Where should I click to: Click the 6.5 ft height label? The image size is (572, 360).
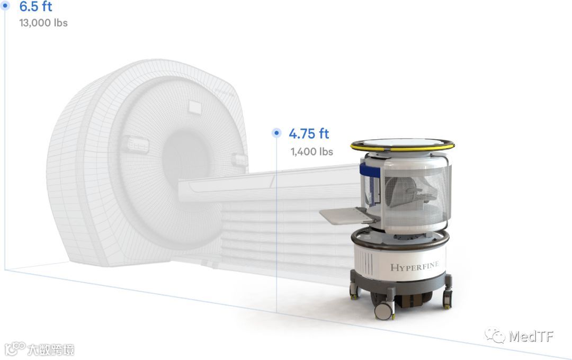[36, 6]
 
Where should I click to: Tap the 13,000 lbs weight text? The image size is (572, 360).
[43, 23]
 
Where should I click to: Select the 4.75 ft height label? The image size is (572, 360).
[309, 134]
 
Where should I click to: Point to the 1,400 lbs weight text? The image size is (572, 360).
[311, 151]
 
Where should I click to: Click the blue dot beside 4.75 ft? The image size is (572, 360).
[276, 133]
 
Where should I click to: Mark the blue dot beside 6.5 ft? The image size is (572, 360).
[5, 5]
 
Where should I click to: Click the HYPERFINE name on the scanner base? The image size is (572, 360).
[414, 266]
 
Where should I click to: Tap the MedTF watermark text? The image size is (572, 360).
[531, 336]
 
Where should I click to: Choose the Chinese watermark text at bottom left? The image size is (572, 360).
[51, 349]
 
